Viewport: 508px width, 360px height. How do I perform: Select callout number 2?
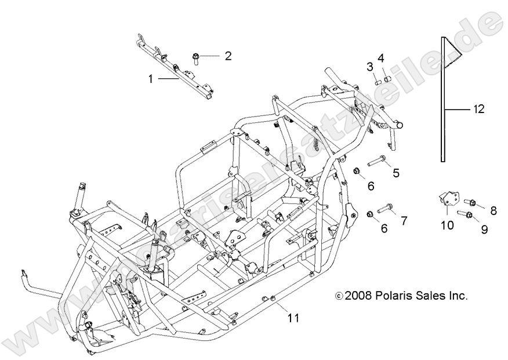coord(228,56)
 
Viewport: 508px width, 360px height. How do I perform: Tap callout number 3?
coord(369,67)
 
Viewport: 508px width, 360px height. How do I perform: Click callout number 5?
coord(396,172)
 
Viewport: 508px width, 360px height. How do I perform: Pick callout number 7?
coord(404,220)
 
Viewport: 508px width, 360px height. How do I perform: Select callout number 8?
coord(494,209)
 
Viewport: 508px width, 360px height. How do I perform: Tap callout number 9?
coord(484,230)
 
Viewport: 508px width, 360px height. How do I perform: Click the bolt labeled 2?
coord(197,57)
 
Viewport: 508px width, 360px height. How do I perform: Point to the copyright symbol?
coord(339,296)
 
